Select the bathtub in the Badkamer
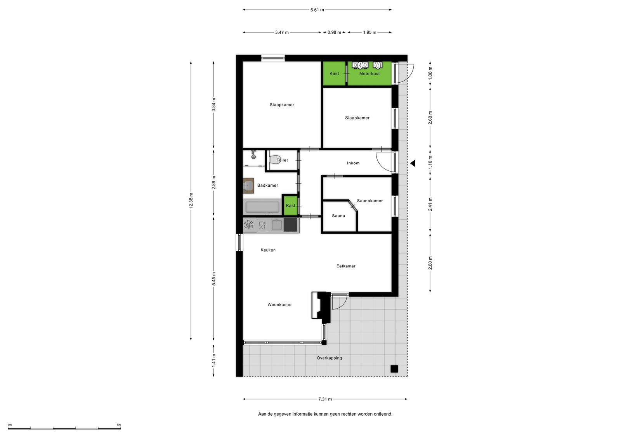tap(262, 207)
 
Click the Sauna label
tap(338, 216)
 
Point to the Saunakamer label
tap(369, 201)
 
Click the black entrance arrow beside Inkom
tap(413, 163)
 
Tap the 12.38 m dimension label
tap(191, 201)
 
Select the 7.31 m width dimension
tap(325, 399)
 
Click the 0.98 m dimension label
tap(334, 33)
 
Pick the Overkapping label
tap(330, 358)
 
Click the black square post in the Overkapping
tap(394, 369)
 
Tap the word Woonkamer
tap(279, 305)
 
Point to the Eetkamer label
tap(346, 266)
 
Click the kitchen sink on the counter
tap(277, 225)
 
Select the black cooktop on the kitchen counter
tap(290, 225)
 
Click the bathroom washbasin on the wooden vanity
tap(249, 186)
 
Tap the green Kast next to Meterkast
tap(334, 73)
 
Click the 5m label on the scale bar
tap(119, 425)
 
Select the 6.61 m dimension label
tap(317, 10)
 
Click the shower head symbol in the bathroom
tap(253, 155)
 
